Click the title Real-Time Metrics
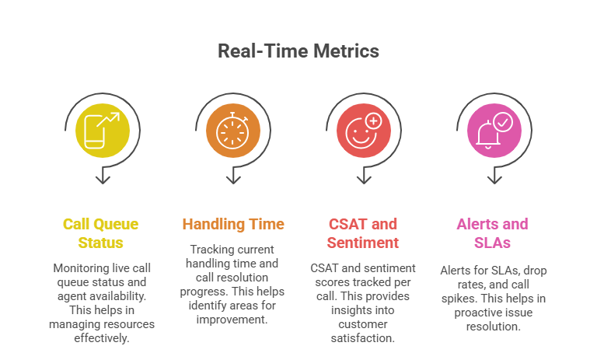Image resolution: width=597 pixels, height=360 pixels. tap(298, 51)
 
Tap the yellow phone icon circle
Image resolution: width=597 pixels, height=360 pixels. tap(103, 130)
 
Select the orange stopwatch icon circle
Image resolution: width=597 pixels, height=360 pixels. tap(233, 130)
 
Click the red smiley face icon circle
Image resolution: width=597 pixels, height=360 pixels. tap(364, 130)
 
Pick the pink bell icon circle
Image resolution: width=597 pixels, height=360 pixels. tap(494, 130)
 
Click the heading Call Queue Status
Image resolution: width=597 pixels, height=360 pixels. tap(101, 233)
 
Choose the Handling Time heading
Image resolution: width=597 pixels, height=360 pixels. tap(233, 225)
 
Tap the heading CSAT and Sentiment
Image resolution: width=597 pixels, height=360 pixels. tap(364, 233)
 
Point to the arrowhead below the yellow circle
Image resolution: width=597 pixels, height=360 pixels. tap(103, 179)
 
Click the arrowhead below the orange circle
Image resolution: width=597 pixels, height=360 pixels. tap(233, 179)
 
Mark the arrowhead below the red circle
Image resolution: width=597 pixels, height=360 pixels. tap(364, 179)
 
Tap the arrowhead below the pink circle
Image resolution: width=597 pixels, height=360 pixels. tap(494, 179)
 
